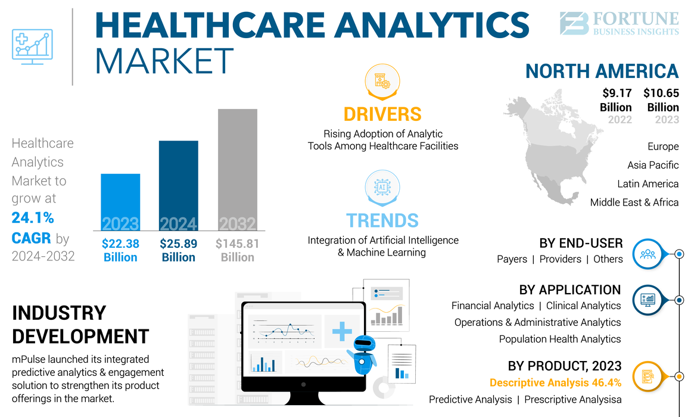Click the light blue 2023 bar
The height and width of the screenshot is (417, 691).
(x=120, y=203)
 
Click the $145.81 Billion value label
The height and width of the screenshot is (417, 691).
(x=237, y=250)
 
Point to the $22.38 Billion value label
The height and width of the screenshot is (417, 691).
(x=120, y=250)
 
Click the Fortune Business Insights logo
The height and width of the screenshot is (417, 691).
(x=619, y=24)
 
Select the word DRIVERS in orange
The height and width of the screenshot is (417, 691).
(x=382, y=114)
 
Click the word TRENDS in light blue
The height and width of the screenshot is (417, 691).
(x=382, y=220)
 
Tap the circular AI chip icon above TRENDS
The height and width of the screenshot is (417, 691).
(x=382, y=187)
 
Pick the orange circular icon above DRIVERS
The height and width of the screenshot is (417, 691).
(x=381, y=82)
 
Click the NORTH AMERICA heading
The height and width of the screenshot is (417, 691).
(x=602, y=71)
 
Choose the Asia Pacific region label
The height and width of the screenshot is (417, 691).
(x=653, y=165)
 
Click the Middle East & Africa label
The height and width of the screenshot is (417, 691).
(x=634, y=203)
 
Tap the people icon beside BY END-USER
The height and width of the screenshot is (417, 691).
(x=648, y=254)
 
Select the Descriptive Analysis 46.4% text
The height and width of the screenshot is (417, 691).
(x=555, y=382)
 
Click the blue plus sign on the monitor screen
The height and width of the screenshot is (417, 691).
(x=342, y=331)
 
